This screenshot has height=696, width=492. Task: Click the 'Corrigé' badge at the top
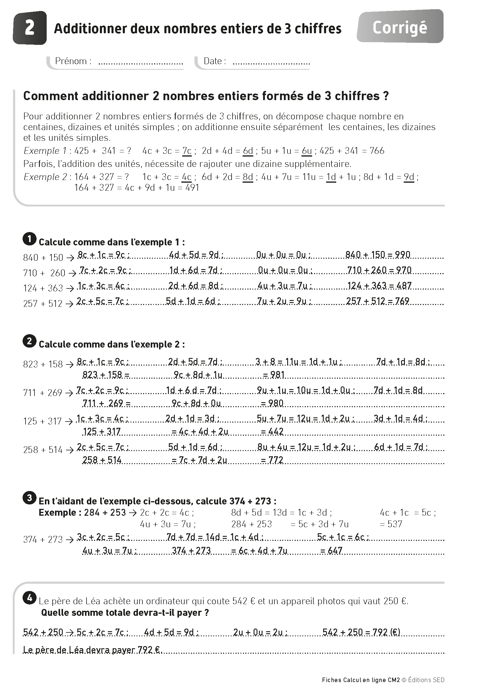400,28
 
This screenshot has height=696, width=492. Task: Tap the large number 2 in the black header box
29,28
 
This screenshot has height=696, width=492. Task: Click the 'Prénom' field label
73,61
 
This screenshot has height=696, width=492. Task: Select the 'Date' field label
214,61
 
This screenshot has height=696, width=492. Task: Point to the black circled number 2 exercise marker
29,342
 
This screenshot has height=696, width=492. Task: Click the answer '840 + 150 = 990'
378,255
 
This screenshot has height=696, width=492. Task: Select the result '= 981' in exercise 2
273,375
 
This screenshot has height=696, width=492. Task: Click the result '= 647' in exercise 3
331,550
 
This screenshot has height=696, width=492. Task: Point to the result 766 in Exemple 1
377,151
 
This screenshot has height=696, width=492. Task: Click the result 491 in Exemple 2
192,188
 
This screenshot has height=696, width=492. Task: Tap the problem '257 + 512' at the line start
43,303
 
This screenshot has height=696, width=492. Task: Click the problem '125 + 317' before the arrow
43,421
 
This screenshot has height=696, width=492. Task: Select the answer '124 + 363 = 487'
379,285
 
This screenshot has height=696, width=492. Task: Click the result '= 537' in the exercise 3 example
391,524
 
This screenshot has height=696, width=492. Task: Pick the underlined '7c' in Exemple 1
187,151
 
